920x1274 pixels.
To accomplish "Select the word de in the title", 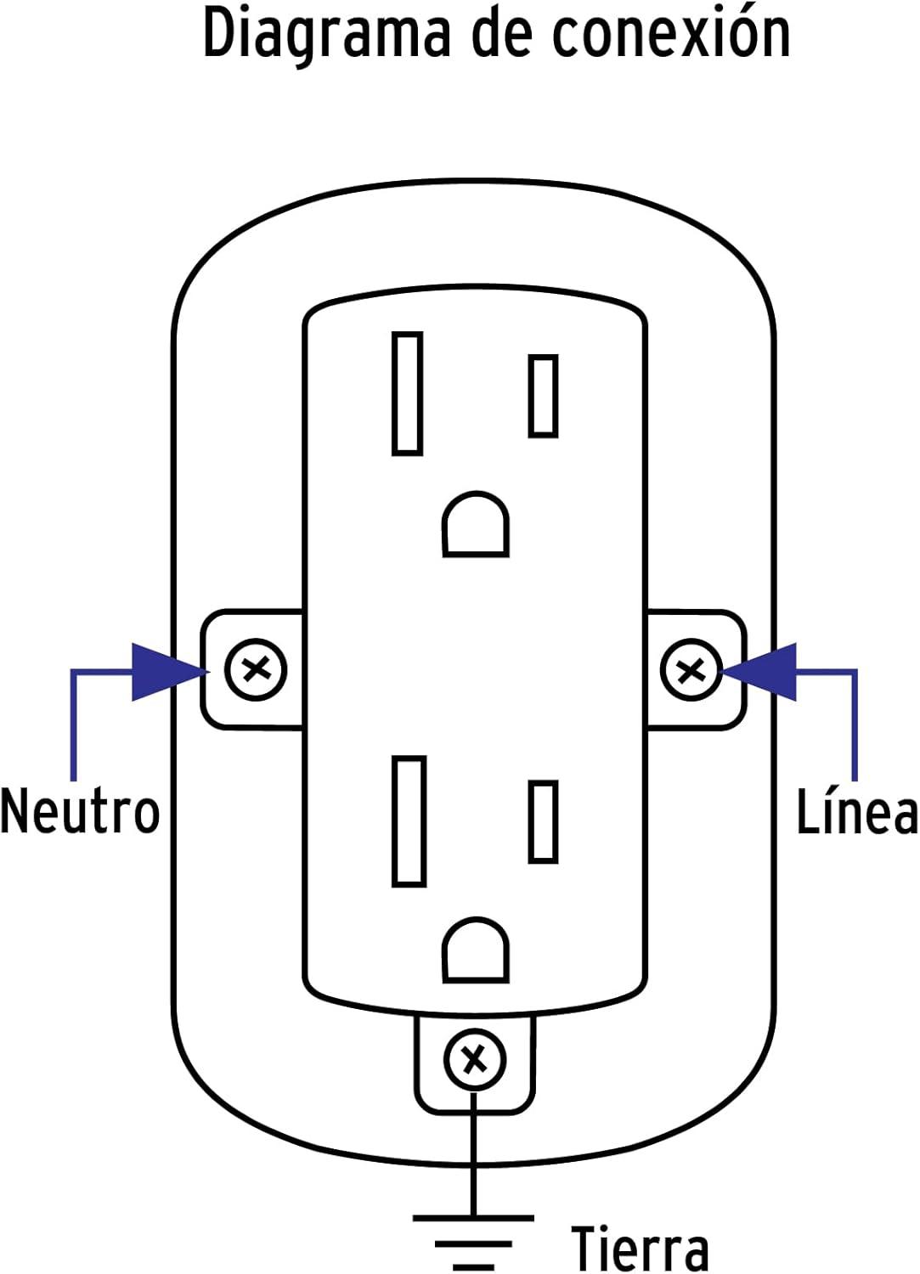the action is coord(500,34).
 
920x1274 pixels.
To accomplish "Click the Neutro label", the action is coord(80,811).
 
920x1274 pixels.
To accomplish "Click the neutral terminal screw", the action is coord(256,669).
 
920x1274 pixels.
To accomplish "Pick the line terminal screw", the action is coord(691,671).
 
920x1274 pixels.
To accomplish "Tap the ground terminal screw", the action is coord(474,1060).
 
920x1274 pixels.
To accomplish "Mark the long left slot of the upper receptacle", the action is coord(408,393).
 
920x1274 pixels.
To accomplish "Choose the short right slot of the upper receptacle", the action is coord(544,396).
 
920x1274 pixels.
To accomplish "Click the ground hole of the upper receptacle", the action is coord(476,524).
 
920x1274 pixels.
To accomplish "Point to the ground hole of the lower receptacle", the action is coord(476,950).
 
